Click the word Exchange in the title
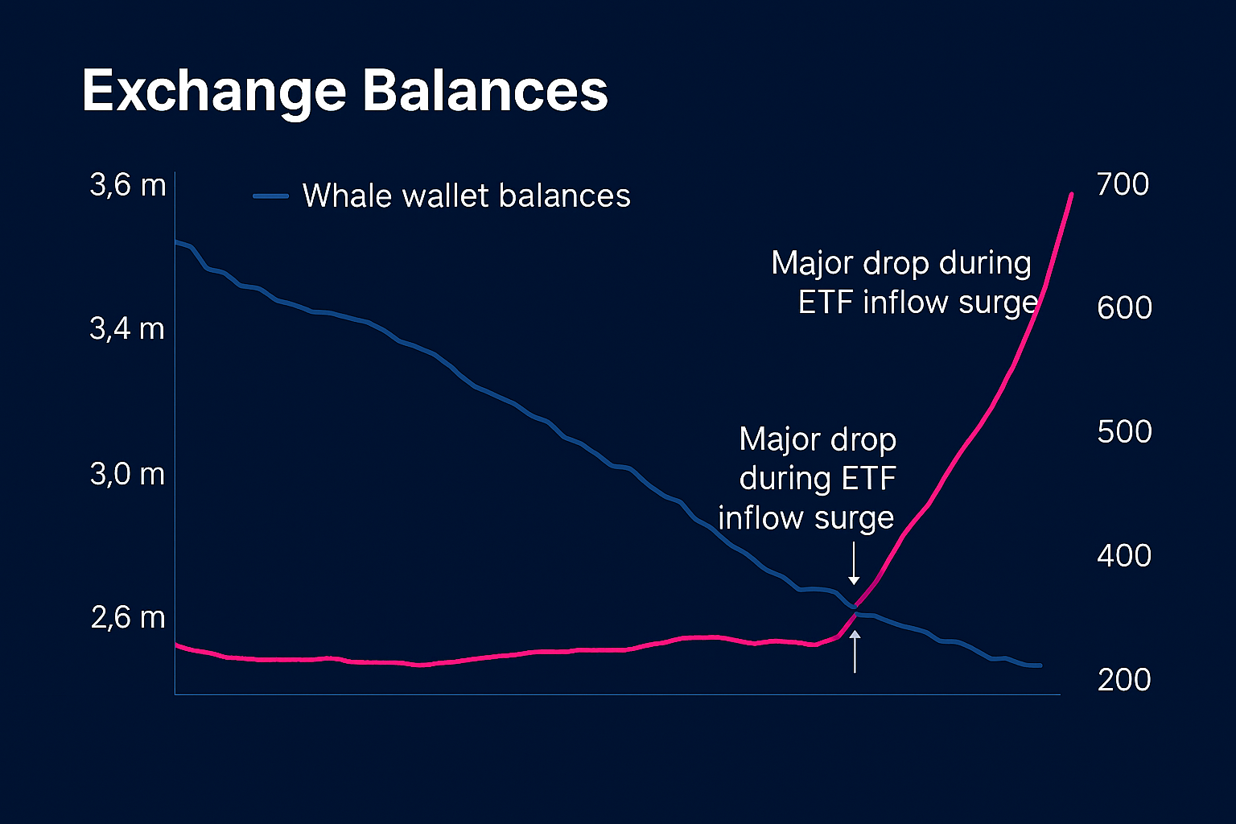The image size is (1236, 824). pyautogui.click(x=214, y=91)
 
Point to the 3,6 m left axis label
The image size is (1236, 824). pyautogui.click(x=128, y=185)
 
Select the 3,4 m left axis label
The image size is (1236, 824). pyautogui.click(x=127, y=328)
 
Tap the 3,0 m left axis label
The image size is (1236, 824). pyautogui.click(x=127, y=474)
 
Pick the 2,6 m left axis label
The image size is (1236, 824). pyautogui.click(x=128, y=617)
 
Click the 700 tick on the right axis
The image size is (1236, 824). pyautogui.click(x=1123, y=184)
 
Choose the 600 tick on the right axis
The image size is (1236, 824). pyautogui.click(x=1124, y=307)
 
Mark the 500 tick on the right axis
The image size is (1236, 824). pyautogui.click(x=1124, y=431)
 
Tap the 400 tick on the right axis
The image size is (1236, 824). pyautogui.click(x=1124, y=555)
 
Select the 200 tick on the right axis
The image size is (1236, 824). pyautogui.click(x=1124, y=680)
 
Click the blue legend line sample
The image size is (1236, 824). pyautogui.click(x=270, y=196)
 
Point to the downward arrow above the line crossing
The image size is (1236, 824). pyautogui.click(x=854, y=563)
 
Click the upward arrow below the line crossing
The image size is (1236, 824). pyautogui.click(x=855, y=652)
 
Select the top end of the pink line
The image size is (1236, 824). pyautogui.click(x=1071, y=195)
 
